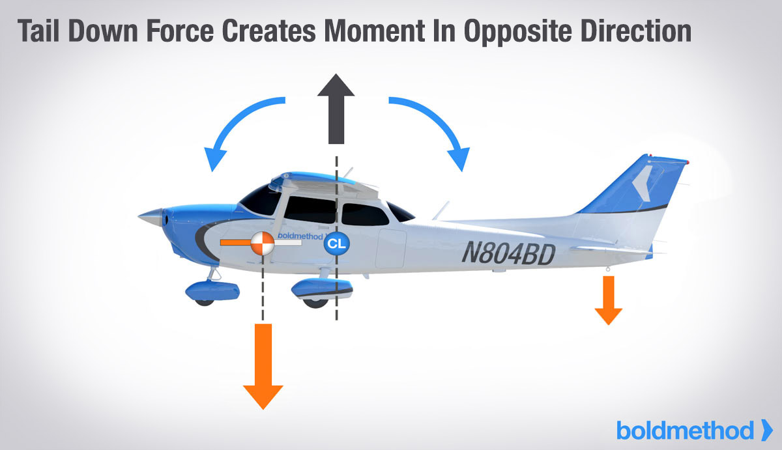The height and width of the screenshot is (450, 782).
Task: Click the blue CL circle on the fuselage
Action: click(337, 244)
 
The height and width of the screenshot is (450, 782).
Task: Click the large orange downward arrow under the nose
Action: click(263, 365)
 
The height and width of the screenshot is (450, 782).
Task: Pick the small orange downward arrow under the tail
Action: click(609, 300)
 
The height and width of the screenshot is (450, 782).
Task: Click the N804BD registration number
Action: click(508, 252)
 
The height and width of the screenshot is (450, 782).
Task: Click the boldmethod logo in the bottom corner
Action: click(695, 430)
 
